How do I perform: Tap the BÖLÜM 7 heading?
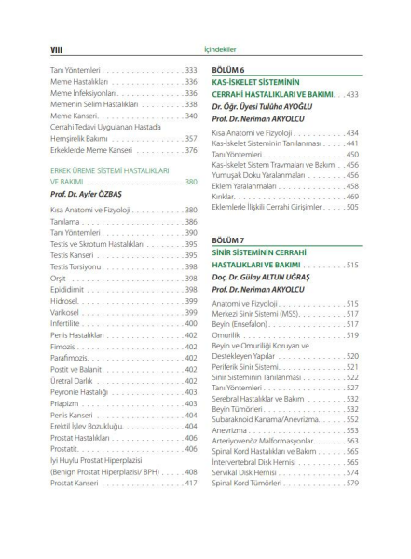228,239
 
